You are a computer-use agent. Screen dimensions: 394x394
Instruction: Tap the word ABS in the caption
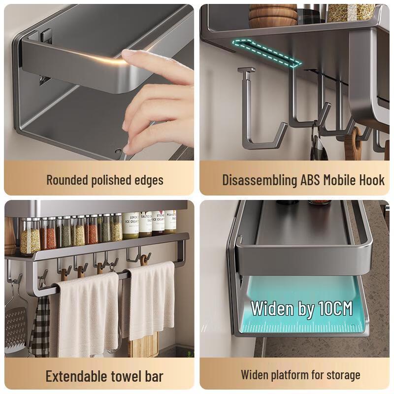[x=311, y=180]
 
